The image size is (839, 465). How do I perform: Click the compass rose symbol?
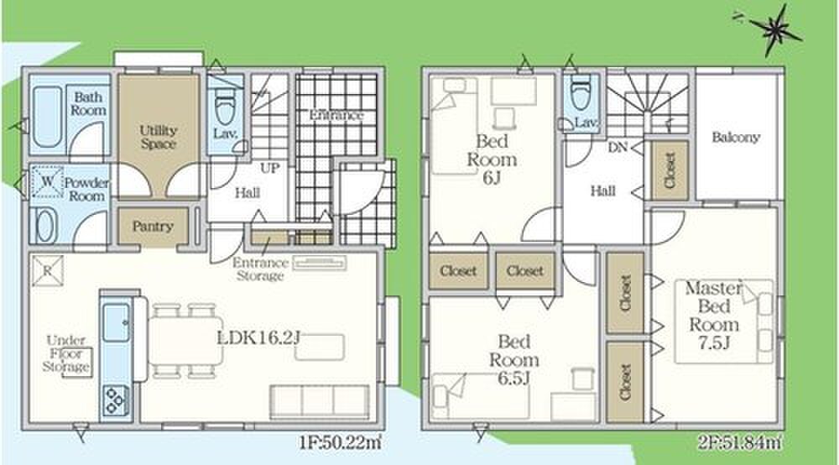point(772,30)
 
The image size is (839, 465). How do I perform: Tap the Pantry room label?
point(153,227)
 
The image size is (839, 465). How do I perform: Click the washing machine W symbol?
point(48,181)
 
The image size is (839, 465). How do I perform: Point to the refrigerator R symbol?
point(47,271)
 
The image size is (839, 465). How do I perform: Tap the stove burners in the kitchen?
point(116,400)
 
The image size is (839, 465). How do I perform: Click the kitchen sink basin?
point(116,322)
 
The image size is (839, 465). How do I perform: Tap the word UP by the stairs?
point(270,168)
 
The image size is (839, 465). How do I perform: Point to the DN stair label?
point(618,147)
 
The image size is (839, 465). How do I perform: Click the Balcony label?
point(736,138)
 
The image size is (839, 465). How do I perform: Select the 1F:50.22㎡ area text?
point(341,443)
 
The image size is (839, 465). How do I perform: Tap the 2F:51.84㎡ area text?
point(739,443)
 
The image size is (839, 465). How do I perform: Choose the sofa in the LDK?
point(320,400)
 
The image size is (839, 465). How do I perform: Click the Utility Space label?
point(159,137)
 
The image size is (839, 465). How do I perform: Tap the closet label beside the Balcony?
point(670,170)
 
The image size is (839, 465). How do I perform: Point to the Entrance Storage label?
point(260,269)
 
